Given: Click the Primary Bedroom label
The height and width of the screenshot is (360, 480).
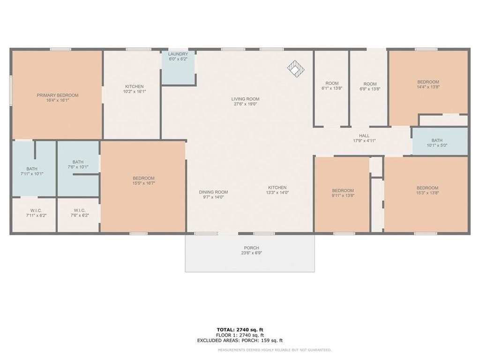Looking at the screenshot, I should pos(58,95).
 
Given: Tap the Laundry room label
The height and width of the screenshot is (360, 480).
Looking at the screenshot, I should pos(178,54).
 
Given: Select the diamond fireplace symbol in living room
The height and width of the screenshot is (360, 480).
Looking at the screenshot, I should pos(296,68).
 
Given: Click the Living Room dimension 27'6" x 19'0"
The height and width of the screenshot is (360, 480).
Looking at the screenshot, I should pos(245,104).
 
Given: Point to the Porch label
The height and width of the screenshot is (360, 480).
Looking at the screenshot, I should pos(251,248).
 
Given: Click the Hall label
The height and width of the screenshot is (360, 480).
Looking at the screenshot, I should pos(364,135).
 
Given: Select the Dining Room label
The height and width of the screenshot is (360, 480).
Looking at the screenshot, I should pos(213,192).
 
